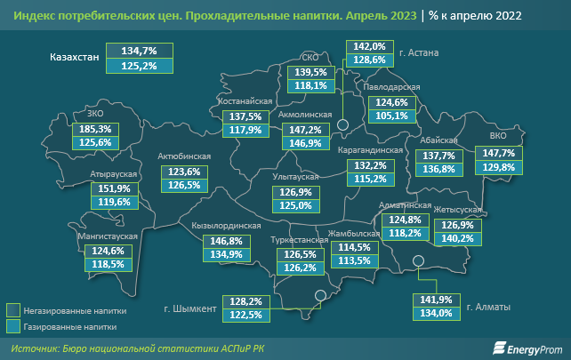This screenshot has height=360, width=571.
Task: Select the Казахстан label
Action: coord(74,59)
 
